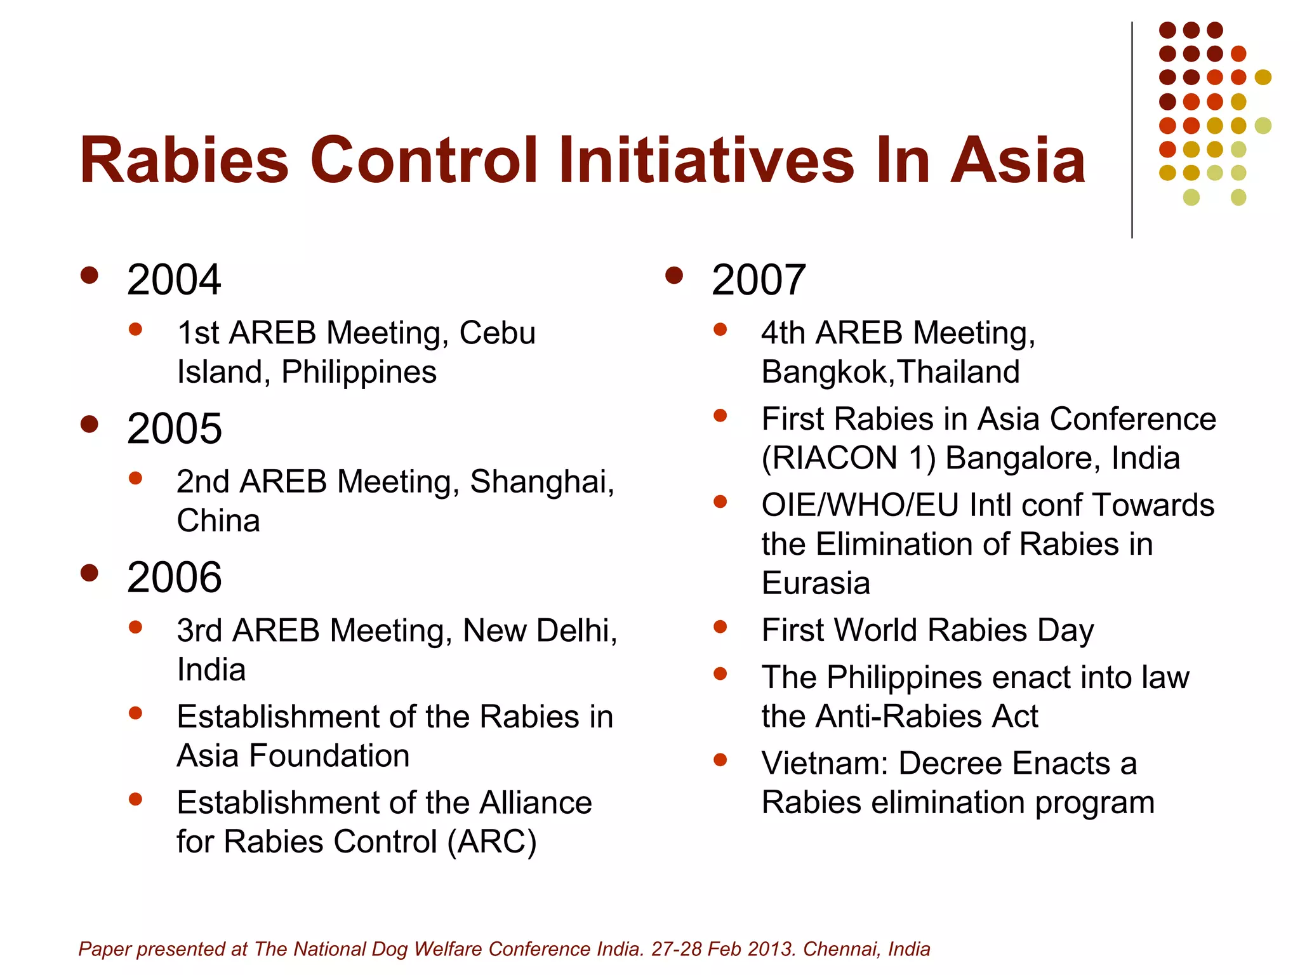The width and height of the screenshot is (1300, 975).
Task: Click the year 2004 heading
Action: (173, 280)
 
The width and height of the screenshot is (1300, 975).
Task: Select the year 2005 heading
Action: (174, 429)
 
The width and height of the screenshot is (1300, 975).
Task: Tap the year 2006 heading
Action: (174, 578)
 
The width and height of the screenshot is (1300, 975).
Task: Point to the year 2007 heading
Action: (758, 280)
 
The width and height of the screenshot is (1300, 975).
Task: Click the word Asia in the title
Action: (1018, 161)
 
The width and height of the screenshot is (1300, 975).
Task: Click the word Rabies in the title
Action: (184, 161)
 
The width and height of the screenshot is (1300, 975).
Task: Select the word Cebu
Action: (497, 333)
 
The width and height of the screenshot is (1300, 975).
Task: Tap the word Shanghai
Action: (541, 482)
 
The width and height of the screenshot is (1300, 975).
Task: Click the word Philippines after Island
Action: (359, 372)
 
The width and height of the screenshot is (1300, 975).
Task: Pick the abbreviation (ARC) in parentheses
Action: (492, 842)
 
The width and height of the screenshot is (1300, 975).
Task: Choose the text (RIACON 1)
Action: (849, 458)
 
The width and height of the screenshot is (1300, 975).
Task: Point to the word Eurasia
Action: (816, 583)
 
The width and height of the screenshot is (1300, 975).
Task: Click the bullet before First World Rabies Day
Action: (720, 627)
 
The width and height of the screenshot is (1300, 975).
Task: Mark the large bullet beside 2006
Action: (90, 573)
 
